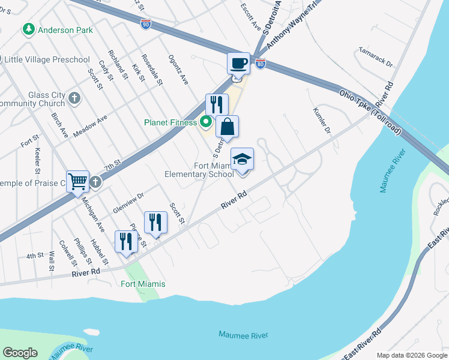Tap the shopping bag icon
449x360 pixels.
pos(227,127)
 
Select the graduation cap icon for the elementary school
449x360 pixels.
pos(242,159)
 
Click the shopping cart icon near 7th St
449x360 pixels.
pos(78,181)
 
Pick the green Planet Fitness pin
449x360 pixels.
pos(205,122)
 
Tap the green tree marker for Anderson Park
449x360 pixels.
pos(28,29)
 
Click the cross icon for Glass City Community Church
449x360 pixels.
pos(74,98)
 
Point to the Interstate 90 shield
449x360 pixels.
pos(146,23)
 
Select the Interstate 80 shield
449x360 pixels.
pos(260,63)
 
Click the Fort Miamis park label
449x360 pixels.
pos(143,284)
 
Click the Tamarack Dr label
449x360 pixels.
pos(375,58)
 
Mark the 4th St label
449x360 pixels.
pos(35,256)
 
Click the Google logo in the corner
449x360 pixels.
pos(20,353)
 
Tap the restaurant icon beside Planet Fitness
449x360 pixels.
pos(217,105)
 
